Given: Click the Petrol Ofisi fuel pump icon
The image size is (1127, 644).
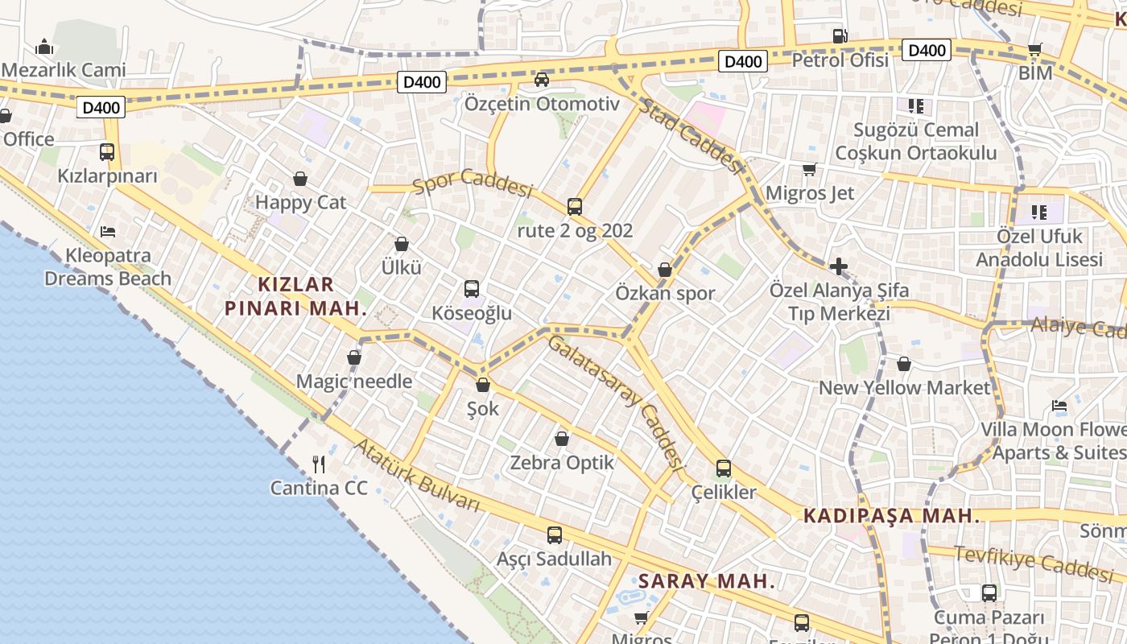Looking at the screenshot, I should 840,36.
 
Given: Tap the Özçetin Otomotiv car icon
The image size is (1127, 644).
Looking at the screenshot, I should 542,80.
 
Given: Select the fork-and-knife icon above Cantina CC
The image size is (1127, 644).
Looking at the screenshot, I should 319,464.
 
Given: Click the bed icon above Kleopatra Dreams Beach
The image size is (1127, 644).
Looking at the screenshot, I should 108,232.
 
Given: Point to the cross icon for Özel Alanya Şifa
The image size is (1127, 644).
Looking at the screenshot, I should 838,266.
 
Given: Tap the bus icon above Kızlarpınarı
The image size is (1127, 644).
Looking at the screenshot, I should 106,151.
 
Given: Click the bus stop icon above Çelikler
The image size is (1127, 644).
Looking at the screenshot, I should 723,469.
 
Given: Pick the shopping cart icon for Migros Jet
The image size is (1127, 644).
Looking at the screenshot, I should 809,170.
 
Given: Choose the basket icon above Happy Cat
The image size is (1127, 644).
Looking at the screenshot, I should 300,179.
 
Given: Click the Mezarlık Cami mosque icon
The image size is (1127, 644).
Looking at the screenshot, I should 45,47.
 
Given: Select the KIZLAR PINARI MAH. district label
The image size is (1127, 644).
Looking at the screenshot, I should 295,295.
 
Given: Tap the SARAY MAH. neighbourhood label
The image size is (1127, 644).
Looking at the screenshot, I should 707,581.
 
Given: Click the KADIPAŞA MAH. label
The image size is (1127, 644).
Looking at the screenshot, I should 891,516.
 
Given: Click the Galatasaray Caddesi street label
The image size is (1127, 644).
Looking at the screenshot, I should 616,403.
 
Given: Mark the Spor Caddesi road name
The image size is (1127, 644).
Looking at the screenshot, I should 473,184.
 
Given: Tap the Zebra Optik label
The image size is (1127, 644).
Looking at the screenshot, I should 562,463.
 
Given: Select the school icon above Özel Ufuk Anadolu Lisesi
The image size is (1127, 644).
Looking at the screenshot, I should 1039,213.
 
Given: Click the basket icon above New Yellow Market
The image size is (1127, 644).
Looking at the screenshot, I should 904,364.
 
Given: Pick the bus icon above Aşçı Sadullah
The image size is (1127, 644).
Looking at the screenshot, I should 554,535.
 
